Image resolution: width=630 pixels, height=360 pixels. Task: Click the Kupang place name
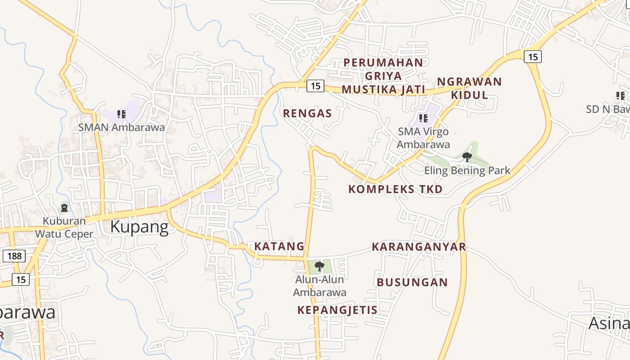pyautogui.click(x=139, y=227)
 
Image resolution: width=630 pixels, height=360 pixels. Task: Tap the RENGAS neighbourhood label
pyautogui.click(x=307, y=113)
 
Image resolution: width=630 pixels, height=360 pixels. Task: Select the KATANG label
pyautogui.click(x=279, y=247)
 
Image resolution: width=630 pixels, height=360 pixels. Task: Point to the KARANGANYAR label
pyautogui.click(x=419, y=247)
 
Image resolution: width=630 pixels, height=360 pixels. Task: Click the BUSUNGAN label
pyautogui.click(x=412, y=283)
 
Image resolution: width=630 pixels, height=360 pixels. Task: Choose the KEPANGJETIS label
pyautogui.click(x=337, y=310)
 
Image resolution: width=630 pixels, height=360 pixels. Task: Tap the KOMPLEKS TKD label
pyautogui.click(x=396, y=189)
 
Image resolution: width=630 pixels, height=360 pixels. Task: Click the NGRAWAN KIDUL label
pyautogui.click(x=469, y=88)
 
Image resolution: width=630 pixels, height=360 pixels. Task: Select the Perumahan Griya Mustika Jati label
pyautogui.click(x=383, y=76)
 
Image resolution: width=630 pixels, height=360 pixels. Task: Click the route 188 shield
pyautogui.click(x=14, y=256)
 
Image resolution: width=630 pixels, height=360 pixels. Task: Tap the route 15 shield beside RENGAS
pyautogui.click(x=315, y=85)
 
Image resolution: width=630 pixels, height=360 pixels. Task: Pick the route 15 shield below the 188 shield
pyautogui.click(x=21, y=279)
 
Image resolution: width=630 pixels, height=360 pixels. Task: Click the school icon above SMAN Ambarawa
pyautogui.click(x=121, y=114)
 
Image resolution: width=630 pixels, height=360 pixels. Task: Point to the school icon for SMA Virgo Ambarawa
pyautogui.click(x=423, y=118)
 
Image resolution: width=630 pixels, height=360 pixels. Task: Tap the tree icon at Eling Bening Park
pyautogui.click(x=467, y=157)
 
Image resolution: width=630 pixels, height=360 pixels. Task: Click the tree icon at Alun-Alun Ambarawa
pyautogui.click(x=319, y=266)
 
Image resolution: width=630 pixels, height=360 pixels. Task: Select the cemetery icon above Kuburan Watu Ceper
pyautogui.click(x=64, y=208)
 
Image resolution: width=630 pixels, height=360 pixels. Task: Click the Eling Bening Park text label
pyautogui.click(x=467, y=171)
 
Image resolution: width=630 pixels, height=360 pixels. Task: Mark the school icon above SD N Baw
pyautogui.click(x=621, y=96)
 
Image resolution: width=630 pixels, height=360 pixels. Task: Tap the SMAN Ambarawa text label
pyautogui.click(x=121, y=127)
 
